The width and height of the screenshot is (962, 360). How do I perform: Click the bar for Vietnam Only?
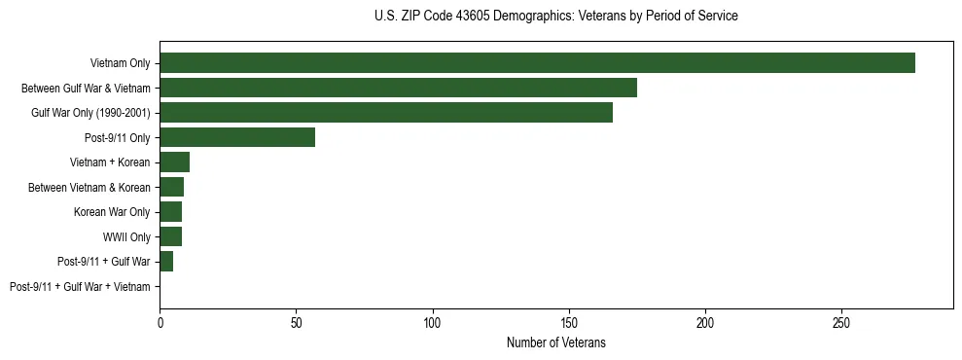[x=537, y=62]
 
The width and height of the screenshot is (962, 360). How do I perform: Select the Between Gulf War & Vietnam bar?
[x=398, y=88]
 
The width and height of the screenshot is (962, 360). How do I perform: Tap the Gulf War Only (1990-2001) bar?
[x=386, y=112]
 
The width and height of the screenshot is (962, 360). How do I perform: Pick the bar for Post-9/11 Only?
[x=237, y=137]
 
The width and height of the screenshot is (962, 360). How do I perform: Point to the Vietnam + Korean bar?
[x=174, y=162]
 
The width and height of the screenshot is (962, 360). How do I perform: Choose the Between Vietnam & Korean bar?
[x=171, y=187]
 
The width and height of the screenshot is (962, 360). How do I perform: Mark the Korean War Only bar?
[x=170, y=211]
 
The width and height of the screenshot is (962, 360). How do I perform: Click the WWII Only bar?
[x=170, y=236]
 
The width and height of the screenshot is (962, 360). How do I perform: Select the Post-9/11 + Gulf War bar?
[x=166, y=261]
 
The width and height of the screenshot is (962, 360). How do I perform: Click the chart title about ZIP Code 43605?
[x=555, y=17]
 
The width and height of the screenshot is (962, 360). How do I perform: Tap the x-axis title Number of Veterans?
[x=555, y=342]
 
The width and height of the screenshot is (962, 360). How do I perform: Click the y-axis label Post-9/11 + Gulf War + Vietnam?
[x=80, y=286]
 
